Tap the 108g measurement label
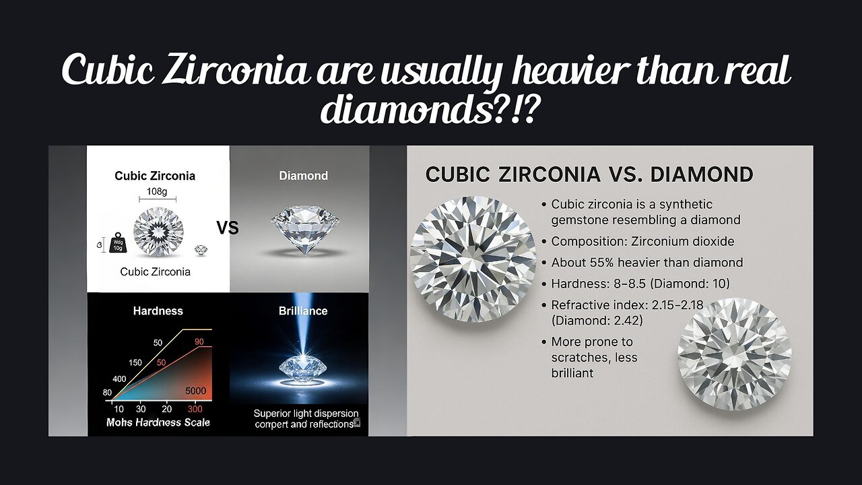tap(157, 191)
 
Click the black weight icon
tap(117, 243)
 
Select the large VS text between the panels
tap(228, 228)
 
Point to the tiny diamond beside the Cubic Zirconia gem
tap(201, 249)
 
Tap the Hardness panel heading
tap(158, 311)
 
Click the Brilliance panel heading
tap(303, 311)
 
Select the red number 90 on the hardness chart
tap(199, 342)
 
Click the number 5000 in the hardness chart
tap(196, 391)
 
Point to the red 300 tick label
tap(195, 409)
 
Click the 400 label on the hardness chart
tap(119, 379)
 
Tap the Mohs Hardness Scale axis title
tap(158, 422)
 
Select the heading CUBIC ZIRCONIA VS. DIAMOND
tap(589, 174)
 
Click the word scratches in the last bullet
tap(580, 358)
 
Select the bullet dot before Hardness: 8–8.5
tap(543, 284)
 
